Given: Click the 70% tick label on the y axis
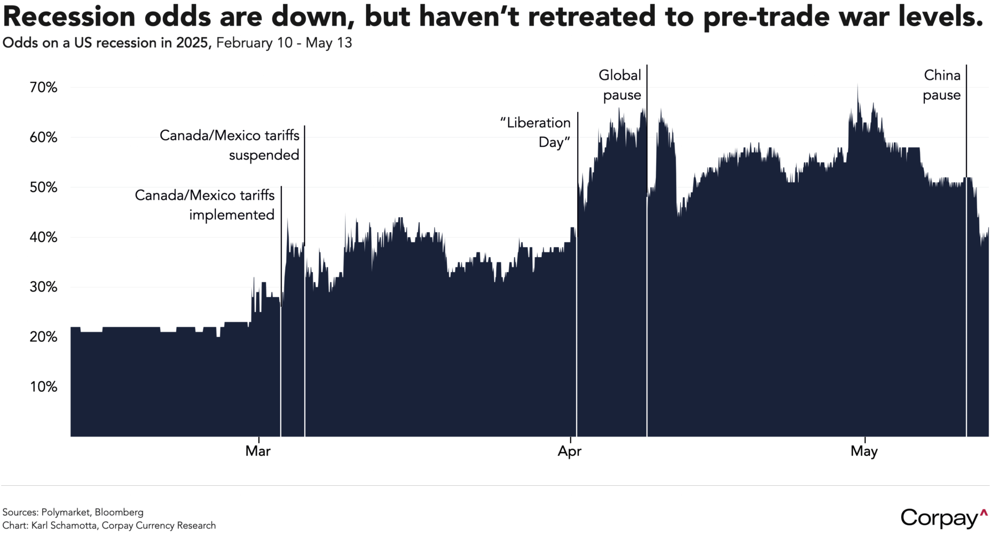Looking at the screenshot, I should pos(43,88).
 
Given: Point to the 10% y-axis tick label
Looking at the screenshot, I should pos(43,387).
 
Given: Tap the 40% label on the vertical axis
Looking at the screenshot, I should pos(43,237).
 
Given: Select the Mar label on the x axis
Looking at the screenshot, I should pos(258,451).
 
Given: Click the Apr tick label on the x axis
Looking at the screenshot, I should pos(569,451).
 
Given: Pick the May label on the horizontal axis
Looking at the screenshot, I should pos(864,451).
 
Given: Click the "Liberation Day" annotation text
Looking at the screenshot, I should pos(536,132).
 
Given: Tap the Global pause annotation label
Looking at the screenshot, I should pos(620,85).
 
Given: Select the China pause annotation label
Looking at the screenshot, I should pos(942,85).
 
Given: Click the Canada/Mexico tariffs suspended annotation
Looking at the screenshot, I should pos(230,145).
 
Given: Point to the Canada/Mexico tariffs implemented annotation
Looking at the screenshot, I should pos(205,205).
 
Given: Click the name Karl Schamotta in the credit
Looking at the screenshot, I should pos(64,525).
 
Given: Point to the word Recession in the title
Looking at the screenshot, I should pos(69,17).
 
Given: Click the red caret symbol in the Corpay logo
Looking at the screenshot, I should pos(984,513).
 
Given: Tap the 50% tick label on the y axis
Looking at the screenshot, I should pos(43,187).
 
